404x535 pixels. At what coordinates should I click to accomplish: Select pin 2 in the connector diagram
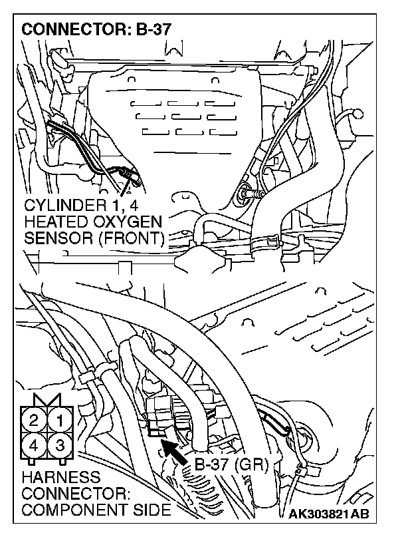click(34, 421)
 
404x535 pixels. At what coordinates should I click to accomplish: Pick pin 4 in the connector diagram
click(34, 445)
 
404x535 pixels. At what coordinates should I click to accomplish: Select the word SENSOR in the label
click(53, 236)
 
